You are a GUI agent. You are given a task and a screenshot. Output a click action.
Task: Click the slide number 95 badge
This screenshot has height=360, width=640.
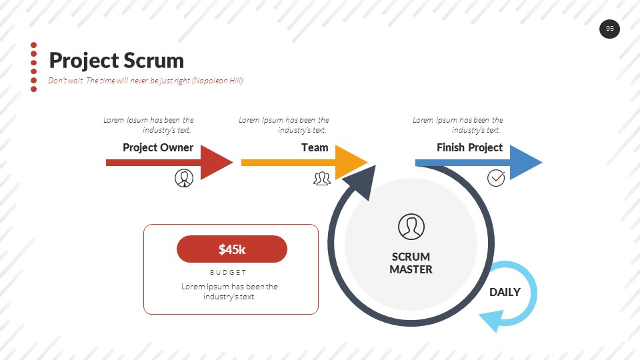click(x=609, y=29)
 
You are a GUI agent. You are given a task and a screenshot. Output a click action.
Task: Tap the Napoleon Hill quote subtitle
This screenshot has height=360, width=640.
click(x=145, y=81)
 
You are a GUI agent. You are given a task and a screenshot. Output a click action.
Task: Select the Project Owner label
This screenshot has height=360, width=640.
click(x=158, y=147)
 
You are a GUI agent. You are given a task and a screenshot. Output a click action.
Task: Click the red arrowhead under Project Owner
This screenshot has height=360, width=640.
click(x=217, y=162)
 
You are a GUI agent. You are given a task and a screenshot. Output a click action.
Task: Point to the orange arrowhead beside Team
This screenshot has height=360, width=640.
click(x=351, y=162)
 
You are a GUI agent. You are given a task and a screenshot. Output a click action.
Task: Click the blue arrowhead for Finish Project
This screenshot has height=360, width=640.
click(x=526, y=162)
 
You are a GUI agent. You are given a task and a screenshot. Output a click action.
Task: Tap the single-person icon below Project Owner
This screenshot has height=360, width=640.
click(x=184, y=178)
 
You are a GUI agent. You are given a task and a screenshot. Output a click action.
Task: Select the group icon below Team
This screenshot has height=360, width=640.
click(x=322, y=178)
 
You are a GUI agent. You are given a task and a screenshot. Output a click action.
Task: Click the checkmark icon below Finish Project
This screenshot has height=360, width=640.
click(x=496, y=177)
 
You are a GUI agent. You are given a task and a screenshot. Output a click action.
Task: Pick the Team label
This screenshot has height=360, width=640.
click(x=315, y=147)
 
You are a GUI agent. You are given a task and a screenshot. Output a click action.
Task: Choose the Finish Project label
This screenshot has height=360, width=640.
click(x=469, y=147)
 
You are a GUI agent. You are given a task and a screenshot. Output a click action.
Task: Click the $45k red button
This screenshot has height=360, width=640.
click(x=232, y=249)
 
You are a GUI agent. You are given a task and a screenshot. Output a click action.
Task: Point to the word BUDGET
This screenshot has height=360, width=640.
click(x=228, y=272)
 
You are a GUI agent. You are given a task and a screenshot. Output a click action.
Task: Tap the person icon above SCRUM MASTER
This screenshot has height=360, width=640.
click(x=411, y=227)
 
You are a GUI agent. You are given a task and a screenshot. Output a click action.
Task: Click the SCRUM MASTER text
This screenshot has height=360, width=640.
click(x=411, y=263)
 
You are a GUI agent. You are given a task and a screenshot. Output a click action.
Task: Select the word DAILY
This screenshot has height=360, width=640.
click(x=505, y=292)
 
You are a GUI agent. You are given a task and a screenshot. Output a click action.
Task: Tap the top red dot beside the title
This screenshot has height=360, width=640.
click(x=33, y=45)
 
